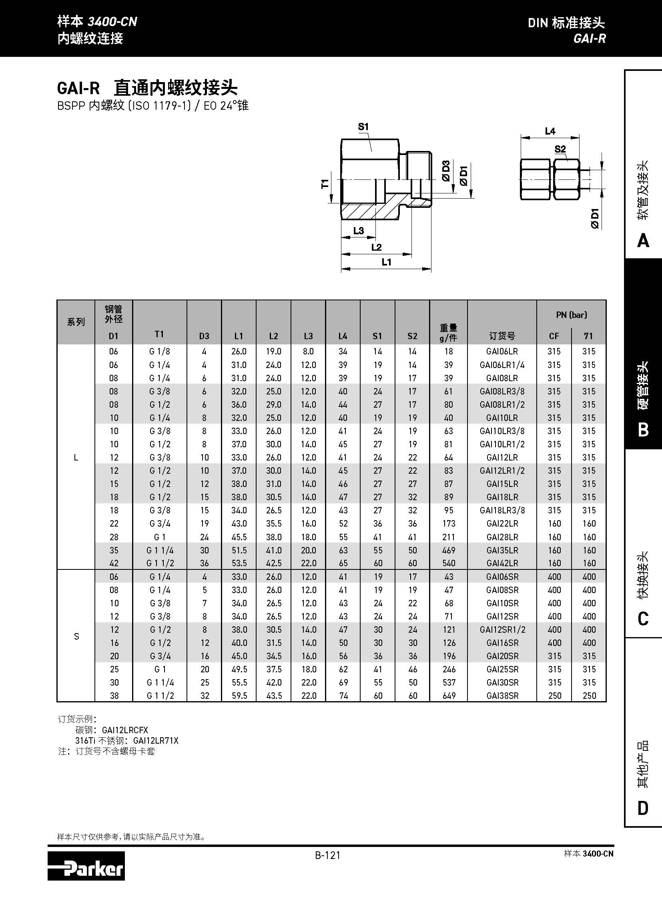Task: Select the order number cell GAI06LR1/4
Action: (x=502, y=365)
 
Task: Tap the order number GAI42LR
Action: (x=502, y=563)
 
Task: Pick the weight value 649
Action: (x=449, y=696)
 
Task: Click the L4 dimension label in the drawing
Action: (x=550, y=131)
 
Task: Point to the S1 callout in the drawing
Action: (x=363, y=127)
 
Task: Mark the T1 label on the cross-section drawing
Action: (x=325, y=184)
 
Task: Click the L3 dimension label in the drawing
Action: (x=358, y=231)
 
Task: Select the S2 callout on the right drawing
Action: (x=560, y=149)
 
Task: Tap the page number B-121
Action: (x=327, y=856)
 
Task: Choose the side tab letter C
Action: (x=643, y=619)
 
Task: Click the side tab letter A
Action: (x=643, y=241)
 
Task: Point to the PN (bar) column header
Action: (x=571, y=315)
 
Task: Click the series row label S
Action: (x=76, y=636)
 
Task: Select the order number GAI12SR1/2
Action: (x=502, y=630)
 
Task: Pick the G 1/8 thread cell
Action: (x=159, y=352)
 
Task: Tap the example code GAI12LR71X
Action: (x=155, y=740)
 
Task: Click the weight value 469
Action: (x=448, y=550)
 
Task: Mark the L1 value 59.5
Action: (x=239, y=696)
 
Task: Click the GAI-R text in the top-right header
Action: (x=589, y=38)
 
